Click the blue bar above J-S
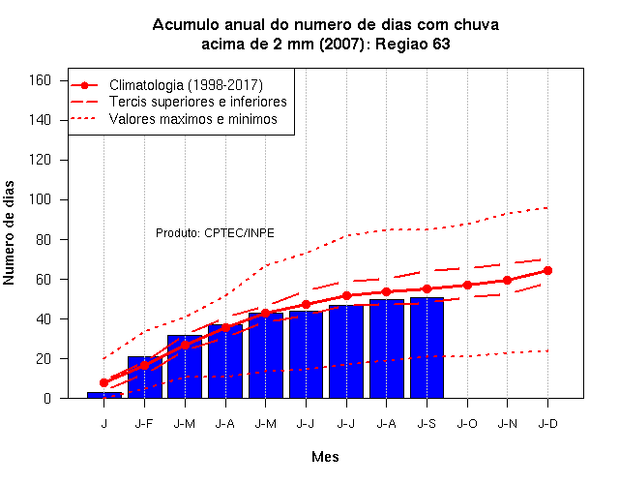click(427, 348)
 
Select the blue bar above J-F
click(144, 378)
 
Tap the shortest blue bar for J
click(104, 395)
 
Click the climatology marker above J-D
click(547, 271)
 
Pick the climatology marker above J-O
click(467, 285)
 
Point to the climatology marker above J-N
click(507, 281)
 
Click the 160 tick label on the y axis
click(41, 80)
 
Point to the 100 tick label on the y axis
click(41, 199)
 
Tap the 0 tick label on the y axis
click(47, 398)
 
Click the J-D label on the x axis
click(548, 424)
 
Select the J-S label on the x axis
click(427, 424)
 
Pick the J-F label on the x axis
click(144, 424)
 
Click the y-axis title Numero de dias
click(9, 232)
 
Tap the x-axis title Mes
click(325, 457)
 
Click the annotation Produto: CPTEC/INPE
click(215, 233)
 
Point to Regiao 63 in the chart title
click(413, 44)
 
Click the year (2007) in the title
click(341, 44)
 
